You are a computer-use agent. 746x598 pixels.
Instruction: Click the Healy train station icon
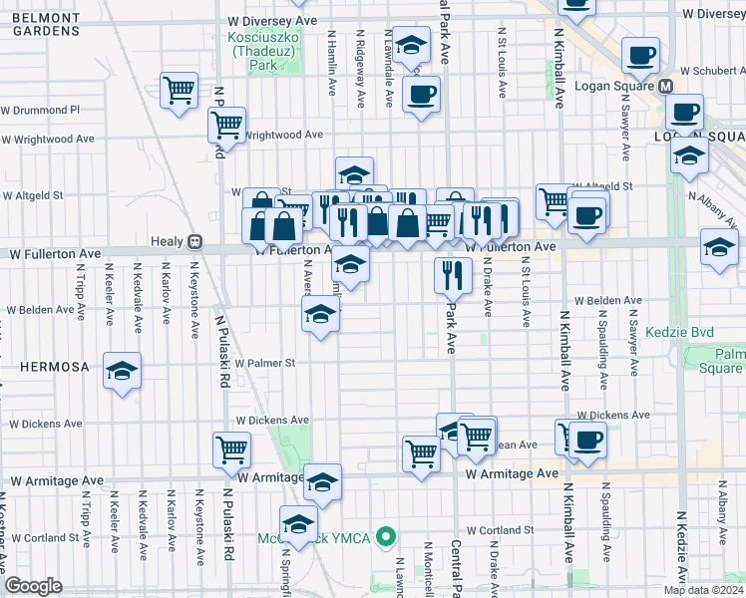[195, 241]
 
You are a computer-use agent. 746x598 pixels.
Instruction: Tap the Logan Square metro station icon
[665, 86]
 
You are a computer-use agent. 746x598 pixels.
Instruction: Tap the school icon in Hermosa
[123, 373]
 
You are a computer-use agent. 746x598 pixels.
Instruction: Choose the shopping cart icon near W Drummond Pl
[180, 89]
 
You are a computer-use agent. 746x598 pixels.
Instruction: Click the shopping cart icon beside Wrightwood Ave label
[227, 126]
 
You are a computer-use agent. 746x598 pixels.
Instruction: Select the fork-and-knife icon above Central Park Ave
[453, 273]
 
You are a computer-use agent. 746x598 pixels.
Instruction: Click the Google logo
[33, 586]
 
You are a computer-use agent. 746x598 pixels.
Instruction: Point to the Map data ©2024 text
[702, 590]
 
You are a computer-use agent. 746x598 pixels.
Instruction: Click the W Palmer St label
[265, 364]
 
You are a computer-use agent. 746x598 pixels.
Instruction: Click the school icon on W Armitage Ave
[322, 482]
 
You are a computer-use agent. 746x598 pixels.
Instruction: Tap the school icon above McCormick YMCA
[298, 522]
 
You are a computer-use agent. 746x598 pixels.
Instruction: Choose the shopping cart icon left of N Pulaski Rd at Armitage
[231, 449]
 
